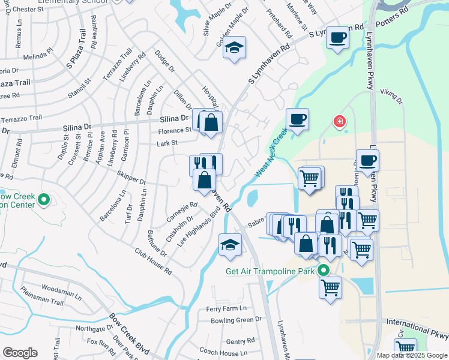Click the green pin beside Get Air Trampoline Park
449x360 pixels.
coord(324,271)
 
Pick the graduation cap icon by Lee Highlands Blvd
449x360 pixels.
coord(230,245)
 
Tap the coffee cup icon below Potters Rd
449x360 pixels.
coord(338,39)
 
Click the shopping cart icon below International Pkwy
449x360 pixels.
coord(406,347)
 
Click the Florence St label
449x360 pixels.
coord(175,130)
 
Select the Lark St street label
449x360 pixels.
coord(167,143)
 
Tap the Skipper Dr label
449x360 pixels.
coord(134,180)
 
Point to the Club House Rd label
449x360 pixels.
coord(152,262)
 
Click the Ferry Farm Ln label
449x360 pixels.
coord(226,308)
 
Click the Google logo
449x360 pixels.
coord(20,352)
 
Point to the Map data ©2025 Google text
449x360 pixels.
coord(412,355)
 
